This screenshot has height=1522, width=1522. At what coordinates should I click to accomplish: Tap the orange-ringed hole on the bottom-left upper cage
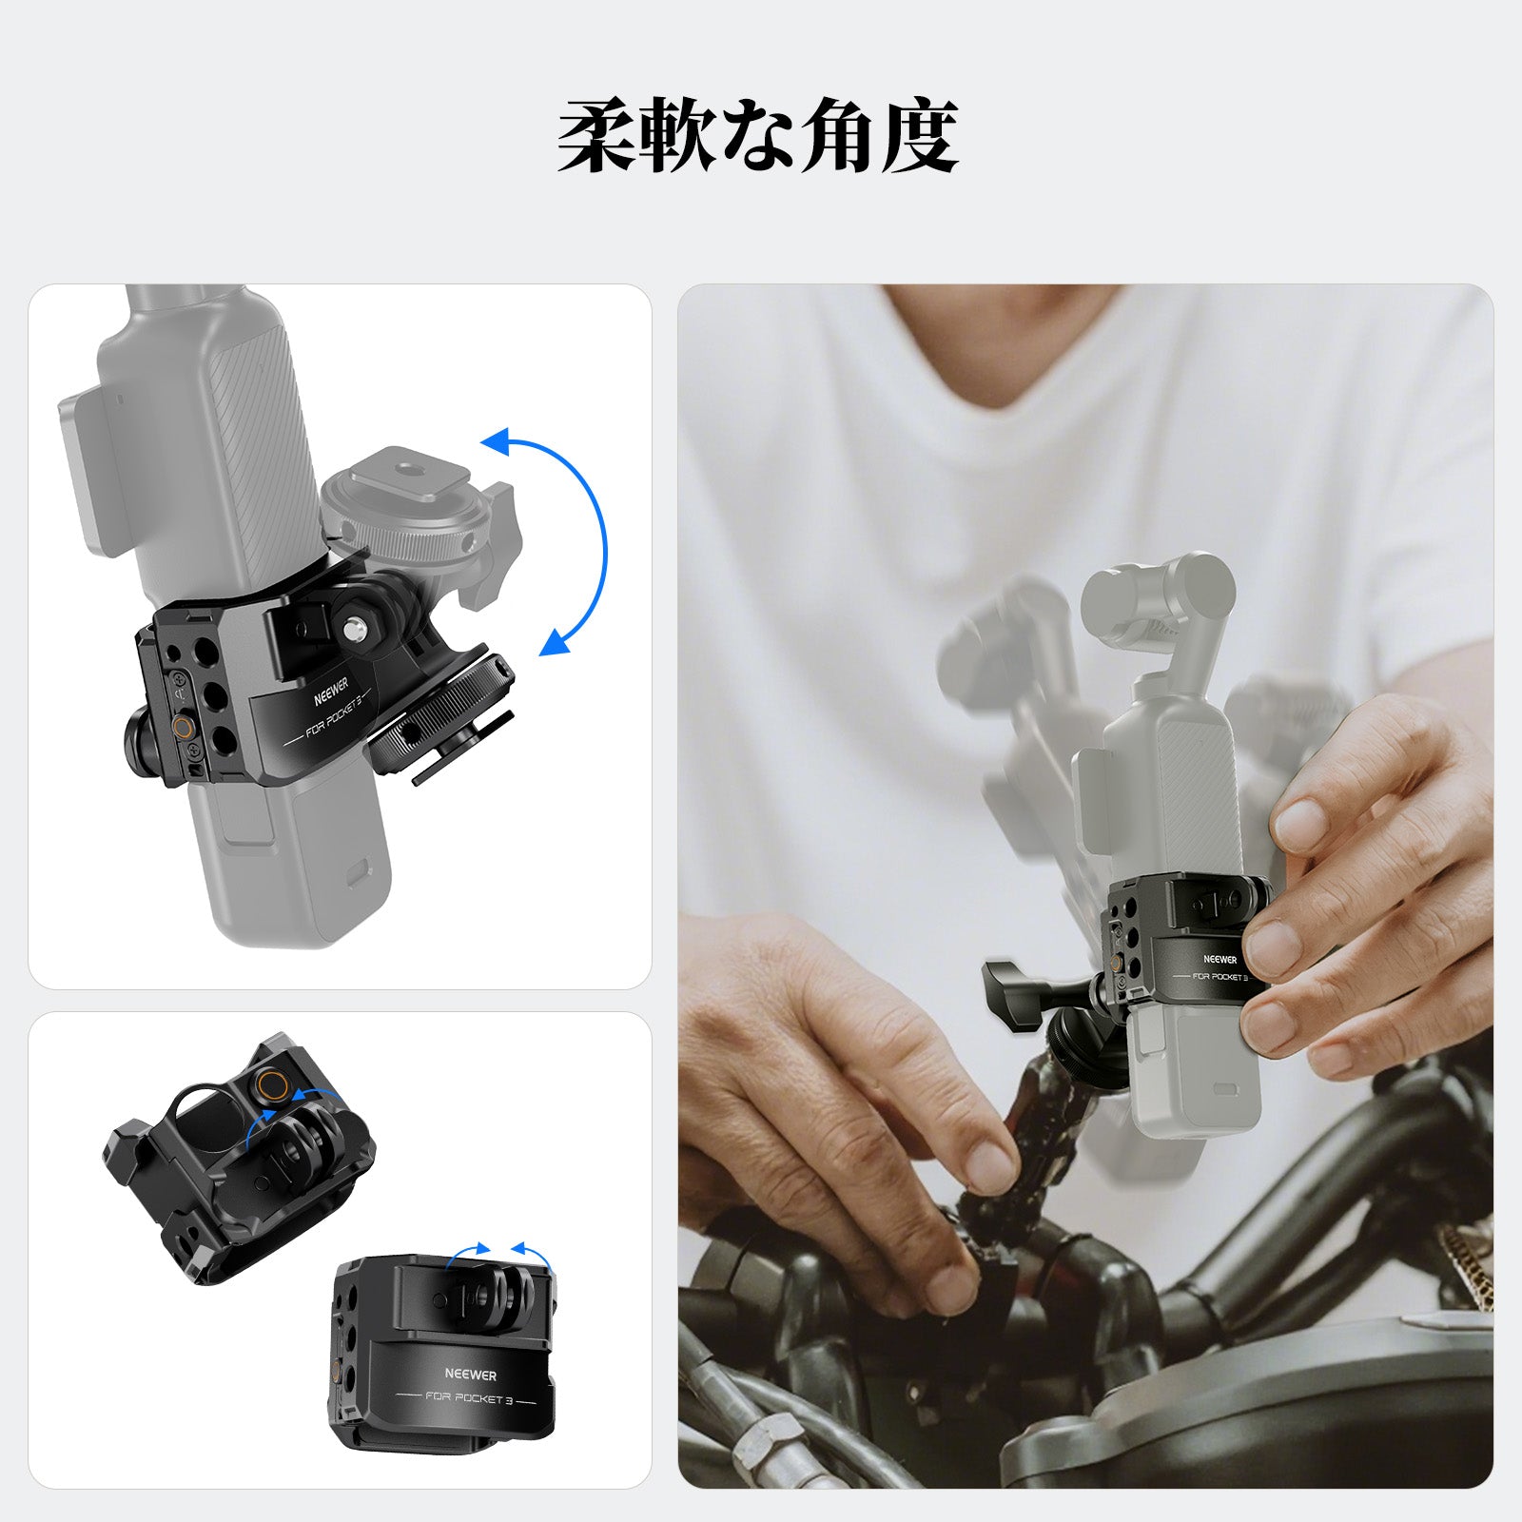point(271,1085)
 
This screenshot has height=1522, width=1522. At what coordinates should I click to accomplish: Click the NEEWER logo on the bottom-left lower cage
point(470,1375)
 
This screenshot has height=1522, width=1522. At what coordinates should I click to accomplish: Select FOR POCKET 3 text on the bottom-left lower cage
point(469,1398)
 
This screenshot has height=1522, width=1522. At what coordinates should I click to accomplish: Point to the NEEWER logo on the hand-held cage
point(1220,959)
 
